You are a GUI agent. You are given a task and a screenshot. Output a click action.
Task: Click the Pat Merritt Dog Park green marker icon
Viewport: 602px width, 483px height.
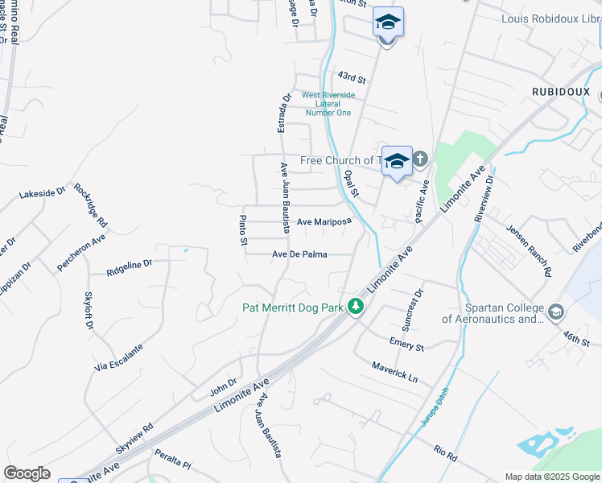355,307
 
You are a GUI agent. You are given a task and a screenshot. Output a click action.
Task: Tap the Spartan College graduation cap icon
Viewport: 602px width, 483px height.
555,312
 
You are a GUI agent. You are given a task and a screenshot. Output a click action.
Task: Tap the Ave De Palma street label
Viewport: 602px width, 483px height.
299,254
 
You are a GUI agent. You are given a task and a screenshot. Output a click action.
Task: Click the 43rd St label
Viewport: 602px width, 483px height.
352,79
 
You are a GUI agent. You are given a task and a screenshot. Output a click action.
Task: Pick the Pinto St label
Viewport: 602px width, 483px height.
242,232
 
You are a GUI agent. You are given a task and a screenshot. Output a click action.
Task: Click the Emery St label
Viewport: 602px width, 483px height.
406,345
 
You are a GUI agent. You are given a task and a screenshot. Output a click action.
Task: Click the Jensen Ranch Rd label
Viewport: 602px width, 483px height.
529,250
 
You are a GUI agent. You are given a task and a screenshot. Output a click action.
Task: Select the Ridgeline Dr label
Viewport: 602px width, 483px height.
129,267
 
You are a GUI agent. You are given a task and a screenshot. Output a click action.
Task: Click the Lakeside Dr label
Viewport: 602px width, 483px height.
42,193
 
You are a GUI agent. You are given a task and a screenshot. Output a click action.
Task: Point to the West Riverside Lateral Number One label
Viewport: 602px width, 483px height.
328,104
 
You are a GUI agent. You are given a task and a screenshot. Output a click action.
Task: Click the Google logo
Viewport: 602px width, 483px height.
27,473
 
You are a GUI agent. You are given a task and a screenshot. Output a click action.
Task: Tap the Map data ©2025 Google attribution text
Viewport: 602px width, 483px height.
552,477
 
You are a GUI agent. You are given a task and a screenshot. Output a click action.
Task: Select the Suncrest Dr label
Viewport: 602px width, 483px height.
410,312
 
